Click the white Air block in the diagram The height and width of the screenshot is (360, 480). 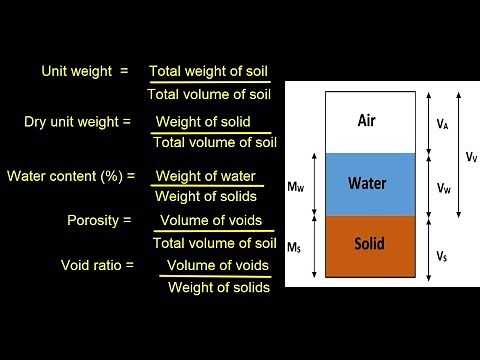coord(365,135)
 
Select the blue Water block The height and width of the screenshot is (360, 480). coord(365,184)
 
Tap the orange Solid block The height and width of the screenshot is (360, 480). coord(365,244)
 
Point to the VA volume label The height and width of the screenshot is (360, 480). coord(443,123)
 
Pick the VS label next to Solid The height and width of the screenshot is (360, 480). coord(443,255)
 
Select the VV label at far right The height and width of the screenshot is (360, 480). coord(471,156)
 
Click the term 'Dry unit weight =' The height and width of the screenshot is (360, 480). coord(78,122)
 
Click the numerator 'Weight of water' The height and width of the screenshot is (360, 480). coord(205,177)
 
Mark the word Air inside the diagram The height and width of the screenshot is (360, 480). coord(366,120)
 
